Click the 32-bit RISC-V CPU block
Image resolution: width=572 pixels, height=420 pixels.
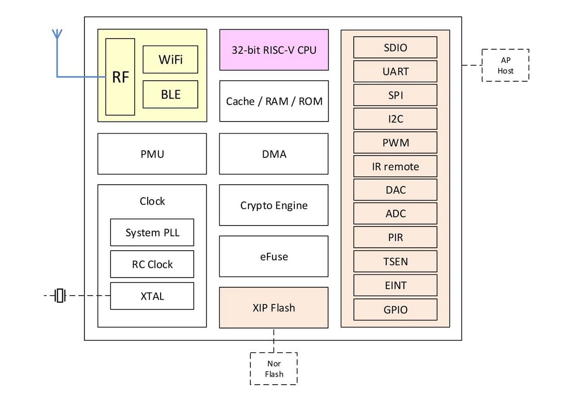tap(274, 50)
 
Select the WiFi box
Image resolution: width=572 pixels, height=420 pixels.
tap(170, 59)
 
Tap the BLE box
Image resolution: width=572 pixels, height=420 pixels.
tap(170, 94)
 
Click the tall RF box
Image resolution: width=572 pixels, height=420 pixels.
tap(120, 77)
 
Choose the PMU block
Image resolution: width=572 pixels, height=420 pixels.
tap(152, 154)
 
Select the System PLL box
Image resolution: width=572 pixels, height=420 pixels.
tap(152, 233)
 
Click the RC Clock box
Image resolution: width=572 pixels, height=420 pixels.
tap(152, 264)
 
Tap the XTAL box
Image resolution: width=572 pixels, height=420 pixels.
tap(152, 296)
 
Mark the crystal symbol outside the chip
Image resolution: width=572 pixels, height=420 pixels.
tap(60, 295)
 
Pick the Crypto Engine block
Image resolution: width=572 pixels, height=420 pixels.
tap(274, 205)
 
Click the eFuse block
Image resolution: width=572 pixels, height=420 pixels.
tap(274, 256)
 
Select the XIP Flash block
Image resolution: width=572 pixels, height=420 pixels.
tap(274, 308)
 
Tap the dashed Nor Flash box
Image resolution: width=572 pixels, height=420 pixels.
tap(274, 368)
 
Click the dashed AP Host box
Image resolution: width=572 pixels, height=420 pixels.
tap(506, 65)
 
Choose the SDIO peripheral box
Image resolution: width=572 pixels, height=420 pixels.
tap(396, 47)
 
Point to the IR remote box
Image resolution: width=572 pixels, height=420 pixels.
tap(396, 166)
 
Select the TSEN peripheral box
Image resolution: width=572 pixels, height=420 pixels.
tap(396, 261)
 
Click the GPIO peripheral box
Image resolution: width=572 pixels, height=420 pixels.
tap(396, 310)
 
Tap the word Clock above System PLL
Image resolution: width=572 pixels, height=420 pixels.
tap(152, 201)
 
